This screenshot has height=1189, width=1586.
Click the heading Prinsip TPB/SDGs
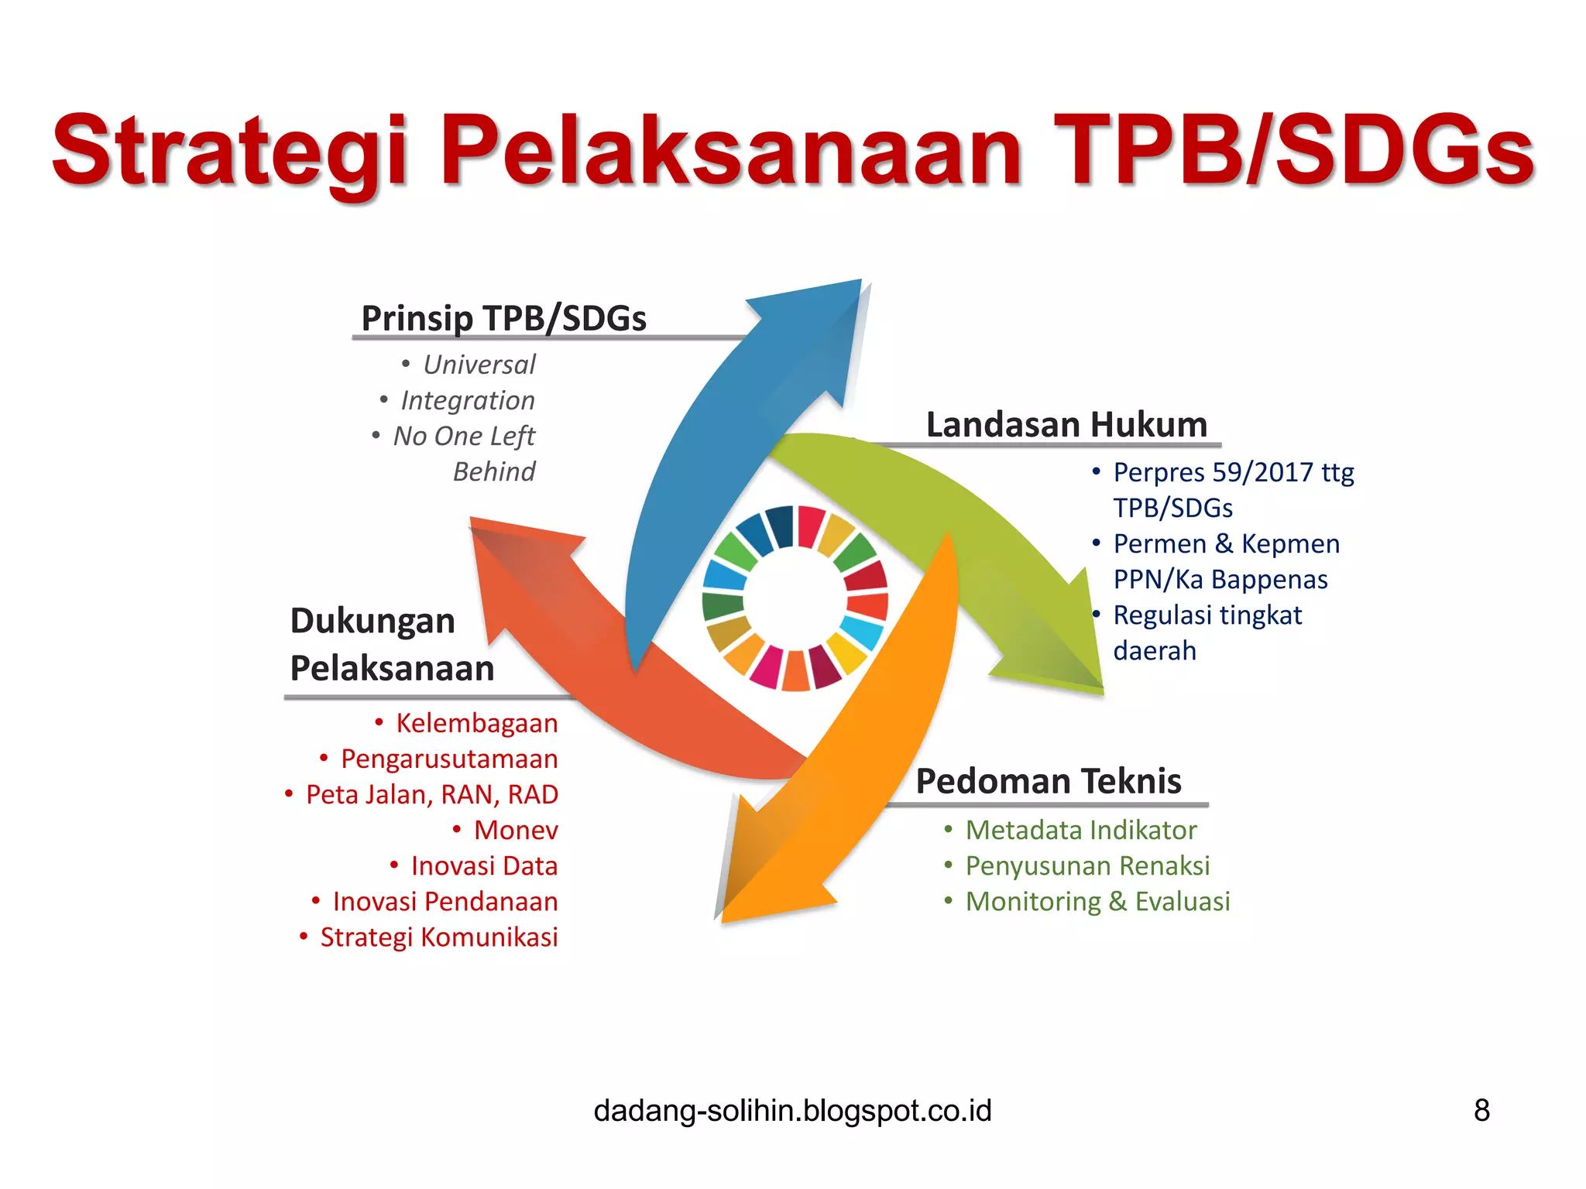[x=503, y=318]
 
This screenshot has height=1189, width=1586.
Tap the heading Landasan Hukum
[x=1066, y=424]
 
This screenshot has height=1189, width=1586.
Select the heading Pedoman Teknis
[x=1048, y=780]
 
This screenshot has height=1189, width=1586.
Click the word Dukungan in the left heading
[x=372, y=621]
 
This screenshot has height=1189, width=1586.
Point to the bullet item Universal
[x=479, y=365]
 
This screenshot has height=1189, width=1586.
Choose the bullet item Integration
[x=467, y=400]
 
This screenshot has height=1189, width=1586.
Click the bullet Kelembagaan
[x=476, y=723]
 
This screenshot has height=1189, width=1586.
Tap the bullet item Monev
[x=515, y=830]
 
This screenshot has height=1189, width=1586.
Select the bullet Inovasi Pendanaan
[x=445, y=901]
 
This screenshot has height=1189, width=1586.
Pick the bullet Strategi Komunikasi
[x=438, y=937]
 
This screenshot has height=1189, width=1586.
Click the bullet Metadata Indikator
[x=1080, y=830]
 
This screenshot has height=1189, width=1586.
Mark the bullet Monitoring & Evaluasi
[x=1097, y=901]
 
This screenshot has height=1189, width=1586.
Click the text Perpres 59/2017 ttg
[x=1233, y=472]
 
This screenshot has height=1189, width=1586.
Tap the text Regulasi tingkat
[x=1207, y=615]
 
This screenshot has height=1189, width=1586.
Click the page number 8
[x=1481, y=1110]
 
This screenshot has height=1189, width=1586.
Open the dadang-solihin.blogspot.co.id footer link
[x=792, y=1110]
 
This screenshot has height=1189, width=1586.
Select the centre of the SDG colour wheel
[x=795, y=598]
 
